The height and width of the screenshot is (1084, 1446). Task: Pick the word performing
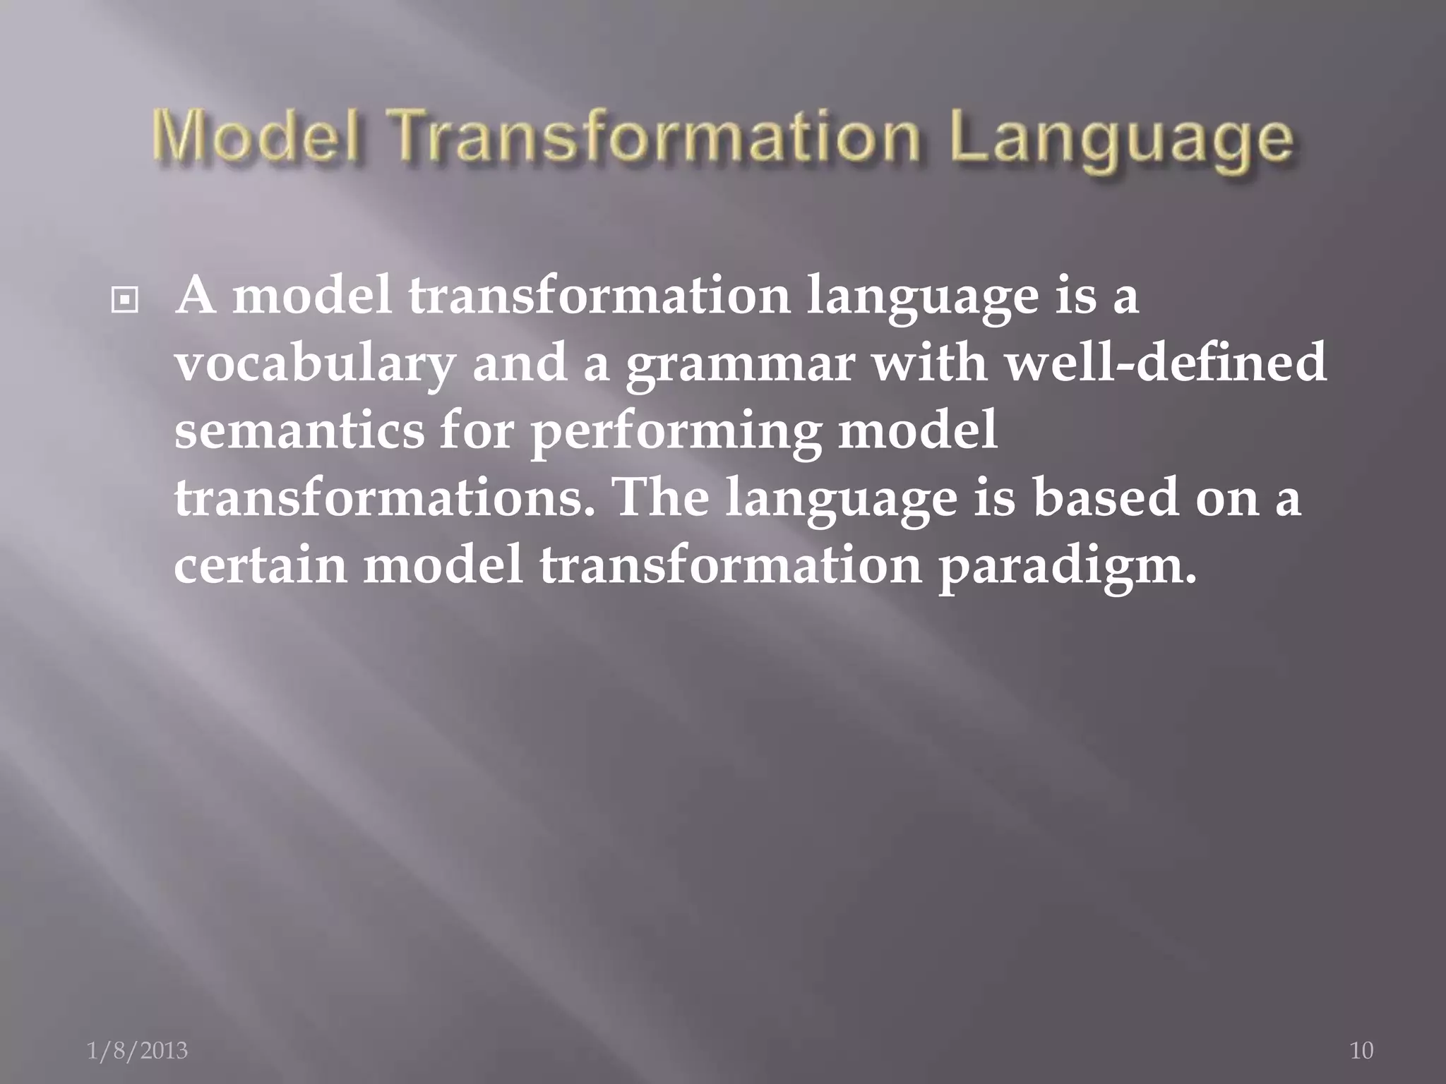[675, 433]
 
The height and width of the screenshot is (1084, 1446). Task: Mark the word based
[1106, 498]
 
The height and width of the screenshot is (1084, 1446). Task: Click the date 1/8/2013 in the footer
[137, 1050]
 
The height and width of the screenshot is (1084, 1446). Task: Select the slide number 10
[1361, 1050]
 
